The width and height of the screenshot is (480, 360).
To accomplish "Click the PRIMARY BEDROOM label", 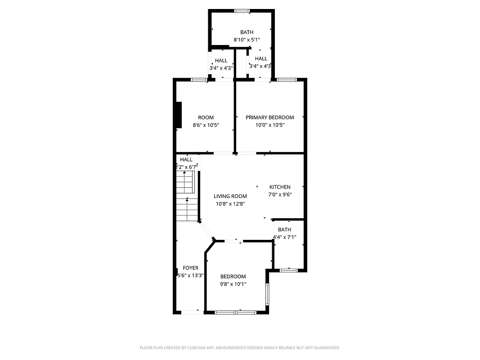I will click(x=269, y=117).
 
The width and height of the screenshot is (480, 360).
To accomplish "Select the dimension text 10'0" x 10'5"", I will click(x=269, y=125).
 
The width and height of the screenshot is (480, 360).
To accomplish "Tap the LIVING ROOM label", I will click(x=230, y=196).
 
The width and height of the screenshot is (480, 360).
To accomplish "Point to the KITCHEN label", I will click(x=280, y=187).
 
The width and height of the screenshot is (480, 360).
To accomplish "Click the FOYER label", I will click(x=190, y=268).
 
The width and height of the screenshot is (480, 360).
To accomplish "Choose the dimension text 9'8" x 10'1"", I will click(x=233, y=284).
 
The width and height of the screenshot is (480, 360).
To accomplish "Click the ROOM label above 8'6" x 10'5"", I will click(x=206, y=117).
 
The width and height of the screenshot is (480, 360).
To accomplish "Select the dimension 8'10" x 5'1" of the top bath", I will click(x=247, y=40).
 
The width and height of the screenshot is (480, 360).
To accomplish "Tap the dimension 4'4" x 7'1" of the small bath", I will click(x=284, y=237).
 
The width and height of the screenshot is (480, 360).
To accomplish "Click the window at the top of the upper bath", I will click(x=242, y=11).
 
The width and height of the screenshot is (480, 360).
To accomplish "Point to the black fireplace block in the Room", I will click(x=179, y=115).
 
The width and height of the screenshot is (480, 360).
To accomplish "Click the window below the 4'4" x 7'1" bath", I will click(x=288, y=270).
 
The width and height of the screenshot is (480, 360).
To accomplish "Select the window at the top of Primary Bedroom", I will click(x=287, y=80).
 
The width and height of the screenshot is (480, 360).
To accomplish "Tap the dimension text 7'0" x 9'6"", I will click(x=280, y=194).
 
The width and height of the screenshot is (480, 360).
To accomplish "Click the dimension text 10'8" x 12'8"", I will click(x=230, y=203).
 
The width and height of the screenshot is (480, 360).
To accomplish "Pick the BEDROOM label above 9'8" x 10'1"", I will click(x=233, y=276).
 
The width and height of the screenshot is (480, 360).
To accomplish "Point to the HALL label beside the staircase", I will click(x=186, y=160).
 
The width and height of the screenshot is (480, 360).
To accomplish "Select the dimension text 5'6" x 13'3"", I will click(x=190, y=275).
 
